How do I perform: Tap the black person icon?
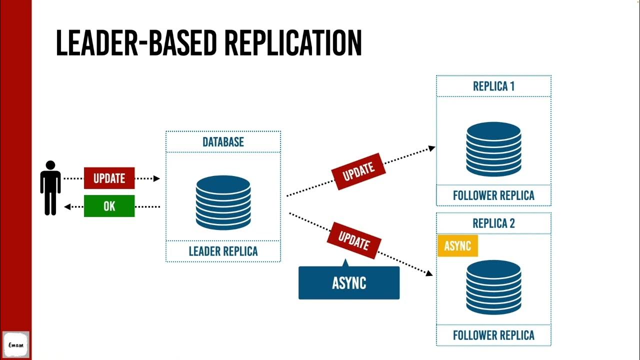coord(50,187)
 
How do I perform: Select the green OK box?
coord(109,206)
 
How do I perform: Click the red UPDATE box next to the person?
coord(109,178)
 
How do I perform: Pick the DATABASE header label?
coord(223,142)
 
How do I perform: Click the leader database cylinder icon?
coord(223,202)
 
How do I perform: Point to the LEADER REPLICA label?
coord(223,251)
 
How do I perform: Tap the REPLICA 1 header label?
coord(493,86)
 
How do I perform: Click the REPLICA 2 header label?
coord(493,223)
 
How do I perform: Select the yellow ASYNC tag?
coord(457,245)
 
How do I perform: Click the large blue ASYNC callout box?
coord(349,283)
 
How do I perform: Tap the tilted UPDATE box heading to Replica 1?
coord(358,171)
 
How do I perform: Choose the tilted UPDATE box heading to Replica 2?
coord(354,240)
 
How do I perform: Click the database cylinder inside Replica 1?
coord(493,149)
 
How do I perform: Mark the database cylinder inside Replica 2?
coord(493,287)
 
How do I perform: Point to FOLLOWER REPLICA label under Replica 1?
coord(493,195)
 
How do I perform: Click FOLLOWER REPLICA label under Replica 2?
coord(493,335)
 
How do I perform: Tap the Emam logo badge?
coord(16,344)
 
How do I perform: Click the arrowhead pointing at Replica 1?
coord(431,148)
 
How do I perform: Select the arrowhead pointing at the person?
coord(67,206)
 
